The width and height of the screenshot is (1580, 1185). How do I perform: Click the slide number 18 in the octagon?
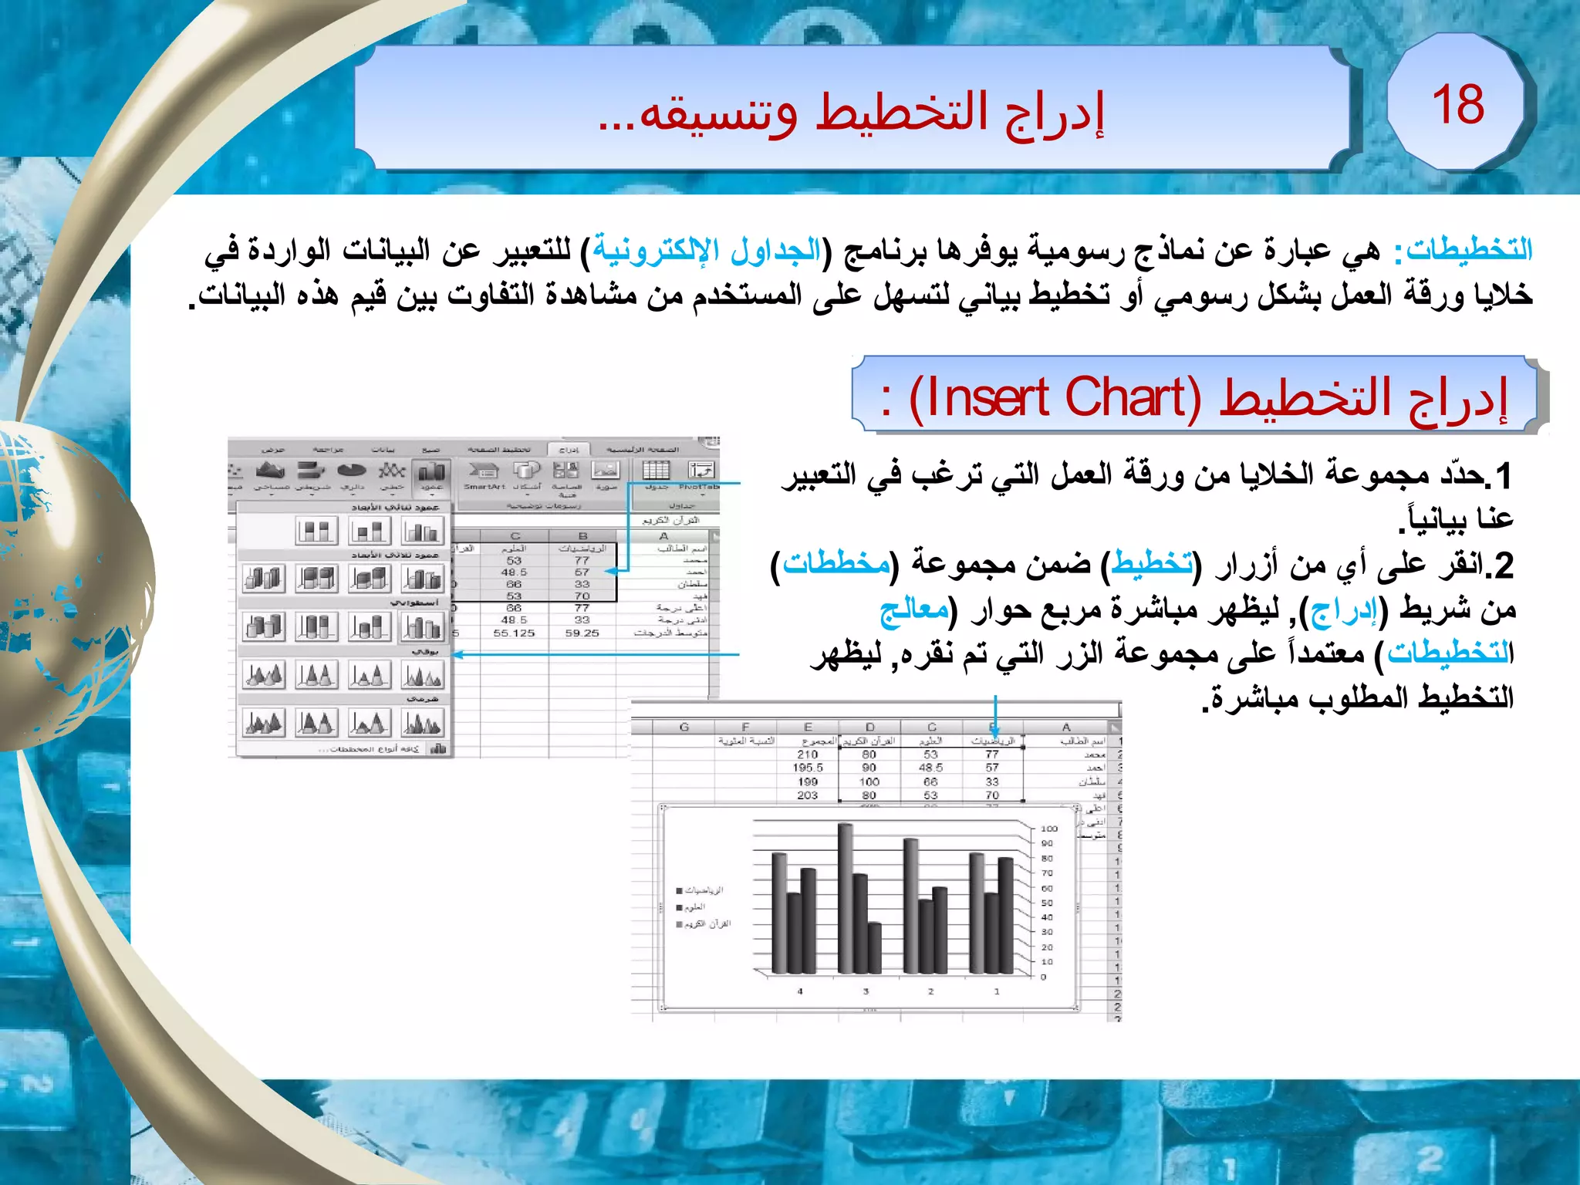(x=1457, y=104)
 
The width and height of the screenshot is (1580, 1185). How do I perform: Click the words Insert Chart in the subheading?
(x=1055, y=399)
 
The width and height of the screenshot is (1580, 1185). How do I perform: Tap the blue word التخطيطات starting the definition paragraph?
(x=1469, y=250)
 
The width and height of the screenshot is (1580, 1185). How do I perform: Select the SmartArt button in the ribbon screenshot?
(x=484, y=474)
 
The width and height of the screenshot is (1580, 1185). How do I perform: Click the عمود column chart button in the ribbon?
(x=431, y=475)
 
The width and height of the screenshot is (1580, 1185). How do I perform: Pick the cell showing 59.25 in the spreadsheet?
(x=582, y=633)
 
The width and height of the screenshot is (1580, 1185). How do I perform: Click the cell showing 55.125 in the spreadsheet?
(x=514, y=633)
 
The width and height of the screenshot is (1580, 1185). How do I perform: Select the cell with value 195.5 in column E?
(x=807, y=768)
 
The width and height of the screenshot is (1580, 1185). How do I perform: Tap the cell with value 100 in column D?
(x=869, y=782)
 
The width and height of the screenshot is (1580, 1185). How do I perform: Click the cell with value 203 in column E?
(x=807, y=795)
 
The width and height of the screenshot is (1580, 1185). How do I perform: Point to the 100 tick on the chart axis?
(x=1048, y=829)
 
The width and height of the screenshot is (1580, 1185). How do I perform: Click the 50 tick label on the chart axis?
(x=1047, y=903)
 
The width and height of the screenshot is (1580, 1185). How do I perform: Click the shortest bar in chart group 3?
(x=874, y=947)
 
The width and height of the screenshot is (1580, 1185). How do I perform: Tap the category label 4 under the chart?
(x=800, y=991)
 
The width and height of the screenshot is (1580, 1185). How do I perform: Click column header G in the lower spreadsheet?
(x=684, y=727)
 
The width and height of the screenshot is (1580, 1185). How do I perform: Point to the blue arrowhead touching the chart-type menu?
(x=456, y=655)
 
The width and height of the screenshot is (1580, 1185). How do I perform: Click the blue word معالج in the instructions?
(x=914, y=610)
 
